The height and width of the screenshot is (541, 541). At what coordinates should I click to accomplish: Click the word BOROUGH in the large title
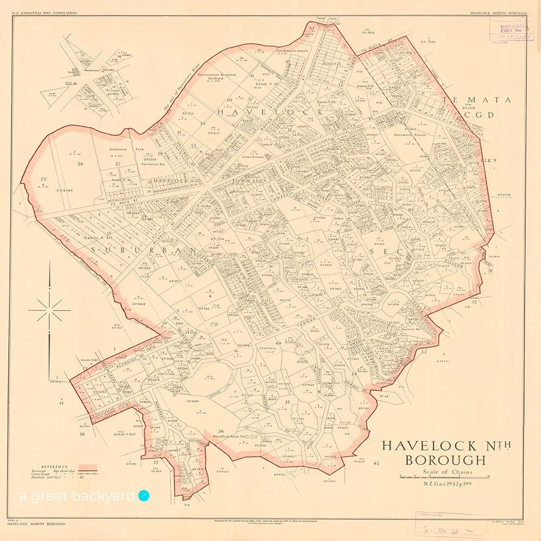coord(446,460)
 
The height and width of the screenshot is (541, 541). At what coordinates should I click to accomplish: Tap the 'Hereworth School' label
coord(410,135)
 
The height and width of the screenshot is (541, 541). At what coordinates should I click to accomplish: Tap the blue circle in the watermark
coord(143,495)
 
